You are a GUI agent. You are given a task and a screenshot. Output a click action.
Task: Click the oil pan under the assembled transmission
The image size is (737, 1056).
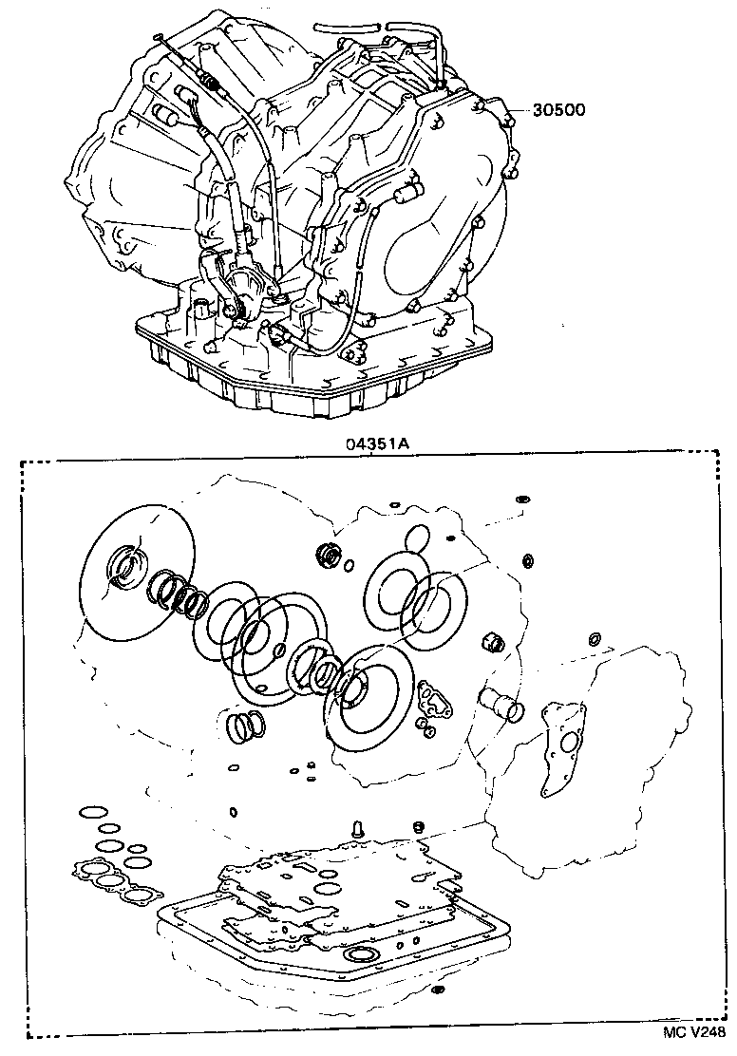[313, 380]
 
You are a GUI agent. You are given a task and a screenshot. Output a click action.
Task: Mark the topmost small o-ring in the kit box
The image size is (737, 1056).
[520, 498]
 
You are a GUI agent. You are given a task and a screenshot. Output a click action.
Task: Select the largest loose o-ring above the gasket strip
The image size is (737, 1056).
[92, 813]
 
